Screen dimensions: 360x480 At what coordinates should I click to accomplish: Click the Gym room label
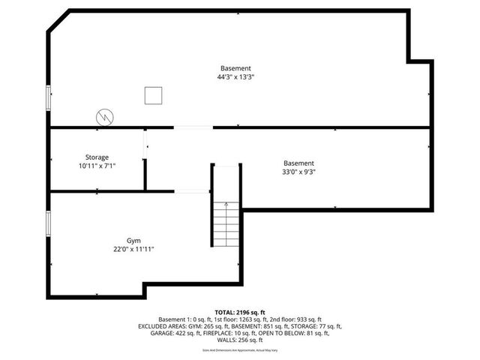pos(133,241)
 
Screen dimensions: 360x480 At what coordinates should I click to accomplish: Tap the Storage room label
pos(97,157)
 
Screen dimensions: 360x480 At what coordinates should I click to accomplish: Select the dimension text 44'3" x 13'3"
pos(235,76)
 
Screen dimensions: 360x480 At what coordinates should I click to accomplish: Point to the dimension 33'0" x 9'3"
pos(298,172)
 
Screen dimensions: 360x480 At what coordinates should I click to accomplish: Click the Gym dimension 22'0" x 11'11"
pos(133,250)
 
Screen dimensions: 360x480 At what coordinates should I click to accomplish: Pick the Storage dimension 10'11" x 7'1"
pos(97,166)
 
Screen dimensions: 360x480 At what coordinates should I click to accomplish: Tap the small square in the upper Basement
pos(153,95)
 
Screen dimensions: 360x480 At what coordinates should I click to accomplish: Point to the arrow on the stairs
pos(226,205)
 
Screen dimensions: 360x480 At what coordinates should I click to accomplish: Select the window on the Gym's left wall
pos(49,223)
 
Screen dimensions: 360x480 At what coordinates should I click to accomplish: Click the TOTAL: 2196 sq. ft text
pos(240,311)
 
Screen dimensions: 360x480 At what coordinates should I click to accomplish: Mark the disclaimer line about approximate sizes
pos(240,350)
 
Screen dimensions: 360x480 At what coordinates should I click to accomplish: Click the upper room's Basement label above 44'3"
pos(235,67)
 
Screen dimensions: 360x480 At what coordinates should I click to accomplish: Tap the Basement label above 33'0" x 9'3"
pos(298,163)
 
